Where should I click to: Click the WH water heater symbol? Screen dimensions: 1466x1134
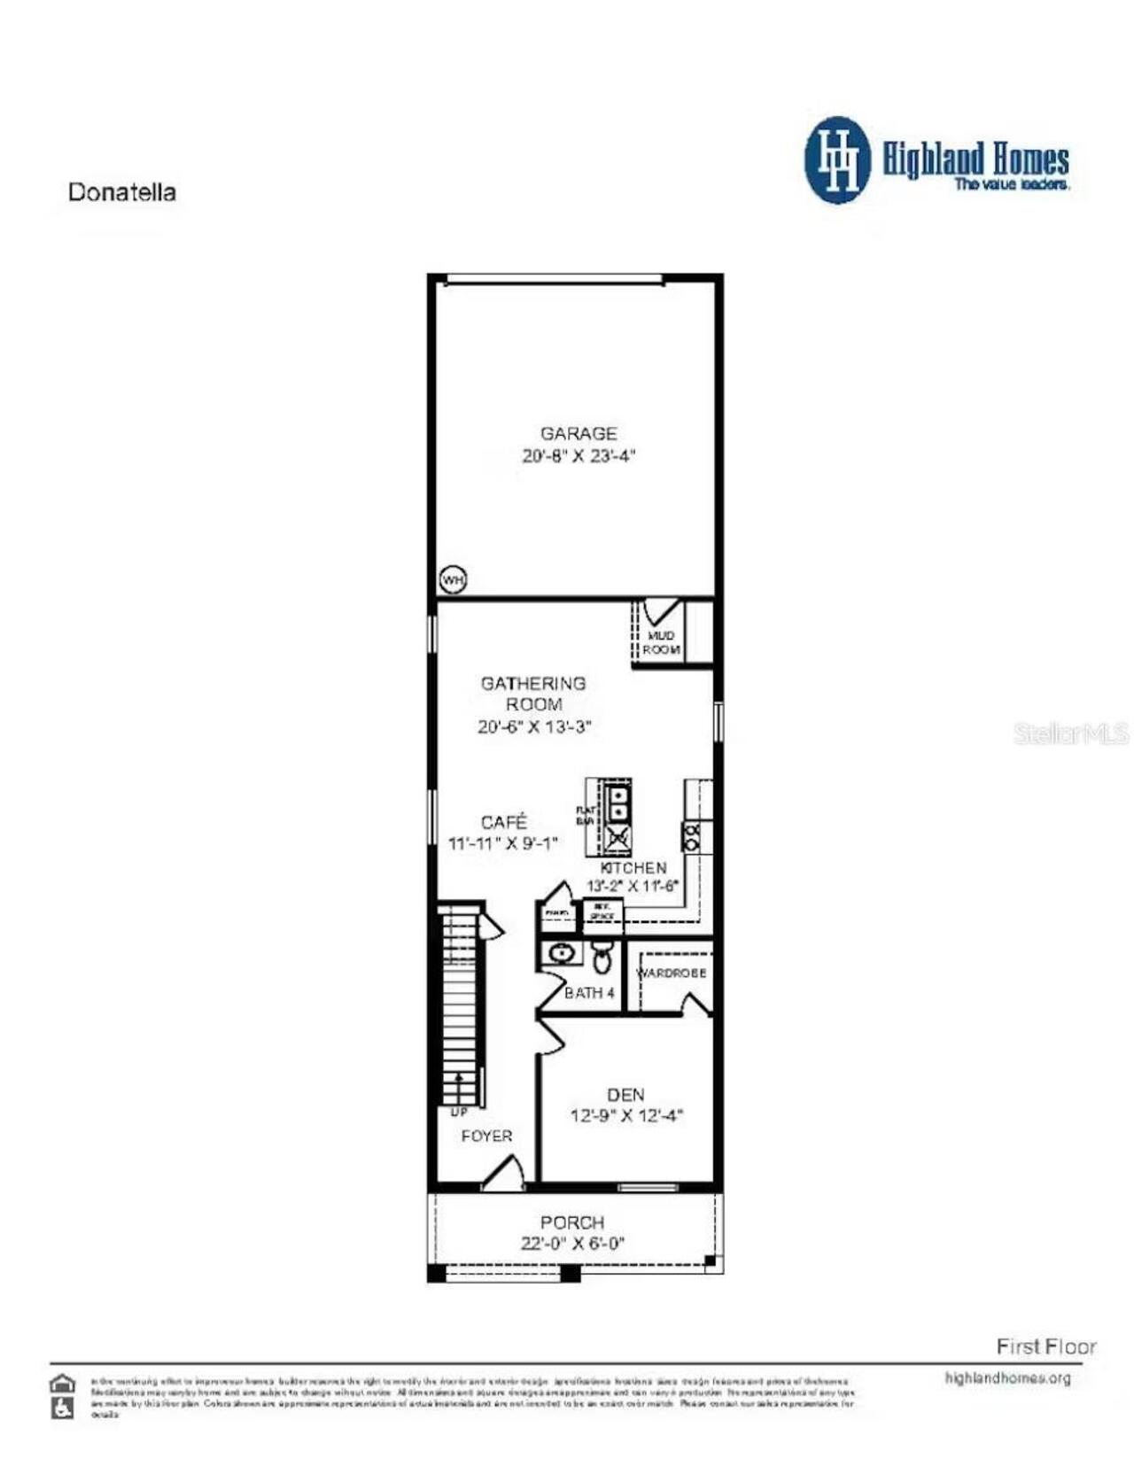coord(453,580)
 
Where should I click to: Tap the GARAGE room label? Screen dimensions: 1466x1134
coord(579,433)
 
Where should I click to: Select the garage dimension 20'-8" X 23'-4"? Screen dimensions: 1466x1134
coord(579,456)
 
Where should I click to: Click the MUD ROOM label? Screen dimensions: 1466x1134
coord(661,642)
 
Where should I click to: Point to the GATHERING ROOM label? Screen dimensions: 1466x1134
coord(533,694)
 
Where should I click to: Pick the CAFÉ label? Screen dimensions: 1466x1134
coord(503,822)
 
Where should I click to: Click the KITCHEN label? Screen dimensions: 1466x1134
coord(633,868)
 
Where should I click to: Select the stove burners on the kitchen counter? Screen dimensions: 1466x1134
coord(692,835)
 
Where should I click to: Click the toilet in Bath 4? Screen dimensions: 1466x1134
coord(602,957)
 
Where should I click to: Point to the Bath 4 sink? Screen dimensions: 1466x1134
coord(560,953)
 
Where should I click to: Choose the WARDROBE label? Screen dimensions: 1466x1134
coord(672,973)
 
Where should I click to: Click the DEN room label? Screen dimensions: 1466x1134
coord(625,1095)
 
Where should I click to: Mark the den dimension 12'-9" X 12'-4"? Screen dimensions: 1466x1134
coord(625,1116)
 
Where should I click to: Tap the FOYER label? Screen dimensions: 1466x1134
coord(486,1136)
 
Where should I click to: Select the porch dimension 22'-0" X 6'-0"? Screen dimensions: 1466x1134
coord(572,1244)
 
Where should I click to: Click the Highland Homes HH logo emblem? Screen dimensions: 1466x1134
coord(836,159)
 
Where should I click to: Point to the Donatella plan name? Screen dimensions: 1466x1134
coord(122,192)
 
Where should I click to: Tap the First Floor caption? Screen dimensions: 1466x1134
coord(1045,1346)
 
